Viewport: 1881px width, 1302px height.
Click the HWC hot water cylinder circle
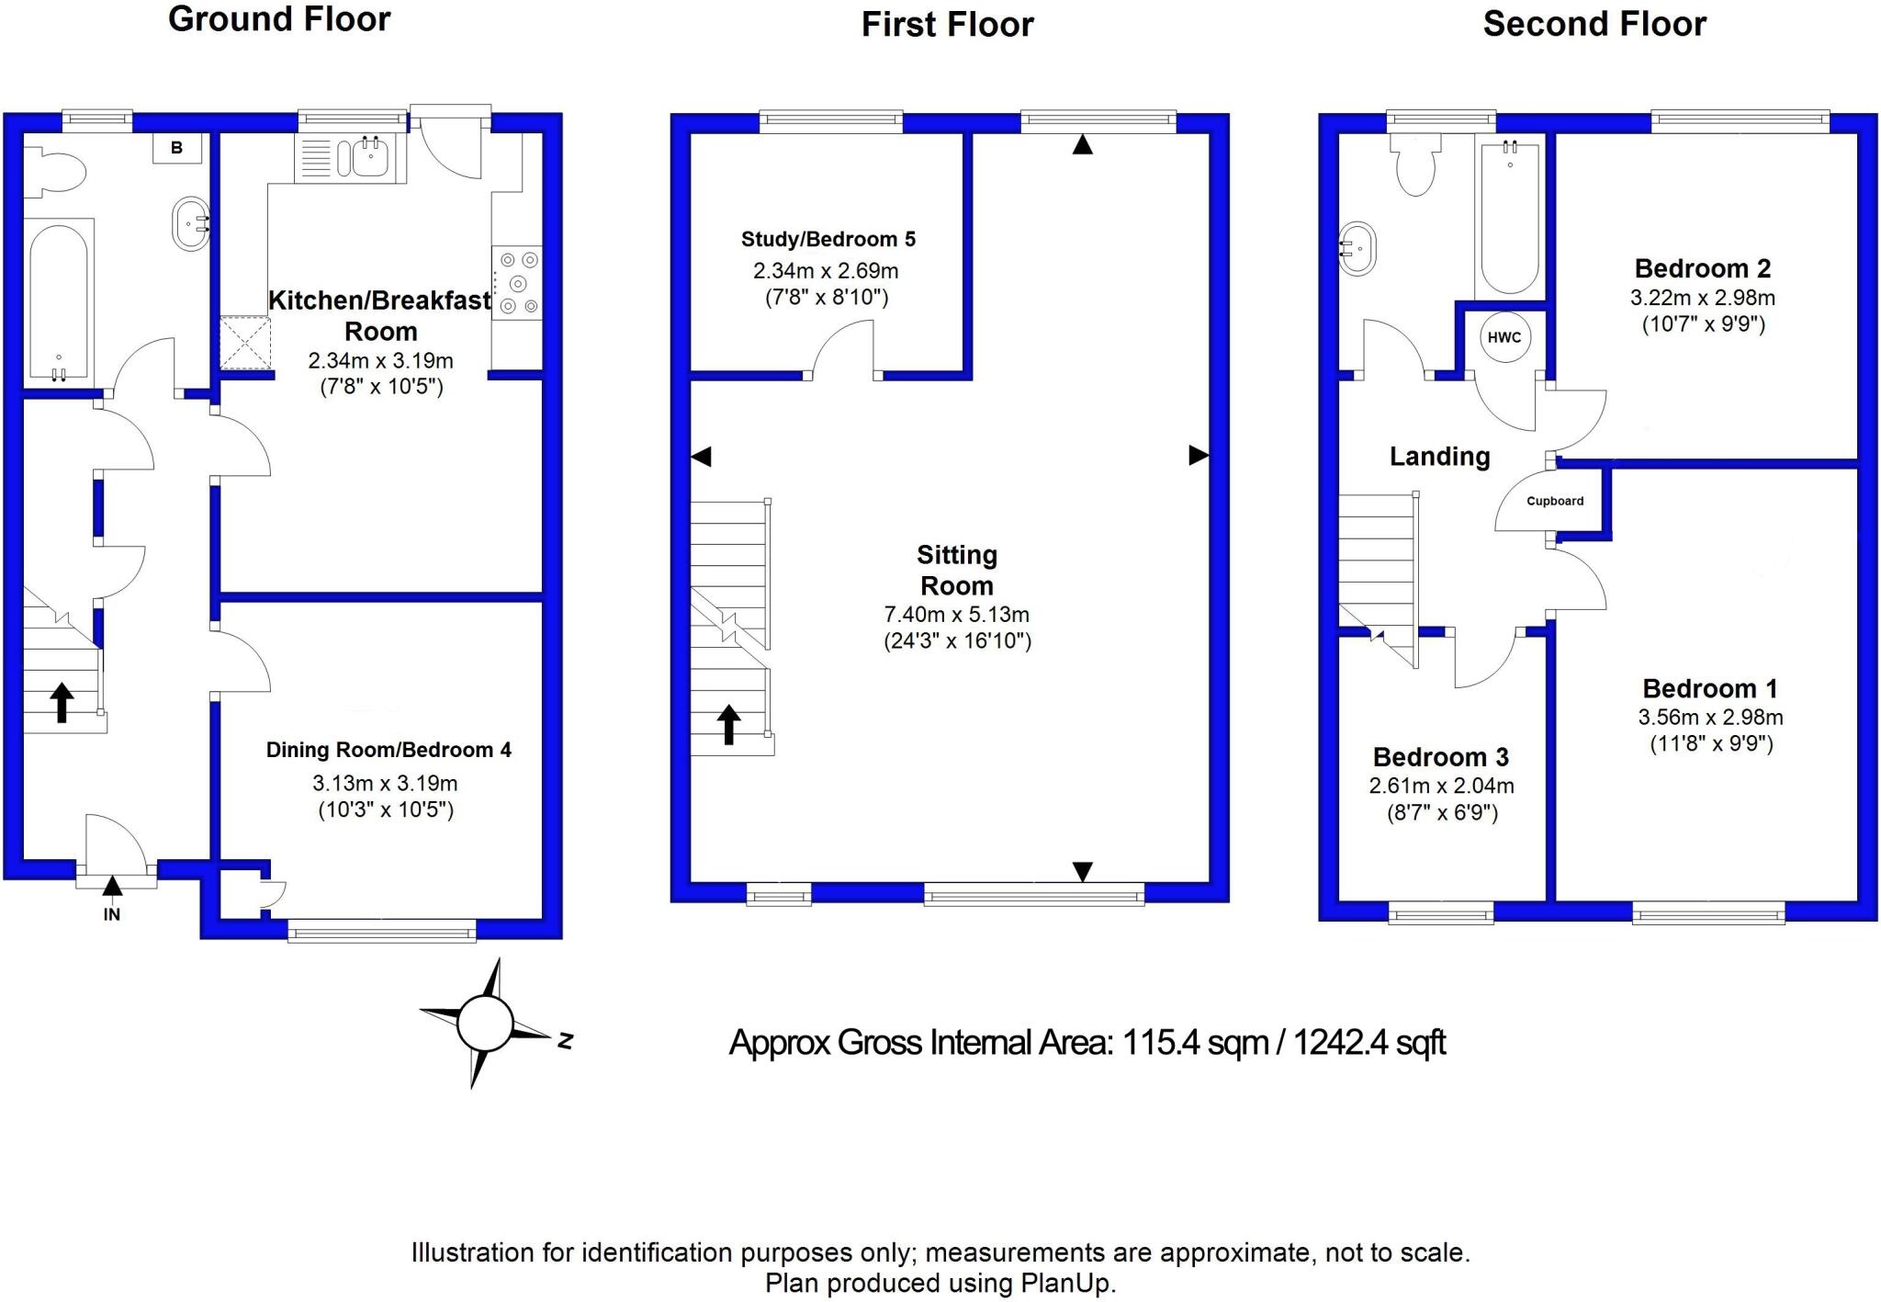point(1504,337)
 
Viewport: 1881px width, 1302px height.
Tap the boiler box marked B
point(177,148)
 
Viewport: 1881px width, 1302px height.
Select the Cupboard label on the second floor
point(1555,501)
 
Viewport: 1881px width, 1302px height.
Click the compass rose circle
point(485,1023)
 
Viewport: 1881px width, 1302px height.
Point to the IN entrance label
point(112,914)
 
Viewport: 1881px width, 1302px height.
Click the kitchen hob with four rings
point(517,283)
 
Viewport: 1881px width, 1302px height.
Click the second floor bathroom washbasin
point(1358,248)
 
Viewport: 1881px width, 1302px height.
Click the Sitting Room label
point(957,570)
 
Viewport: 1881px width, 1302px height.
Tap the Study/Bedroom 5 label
point(828,239)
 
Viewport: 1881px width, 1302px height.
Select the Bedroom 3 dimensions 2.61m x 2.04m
point(1441,786)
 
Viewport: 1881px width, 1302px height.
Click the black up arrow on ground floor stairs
point(62,702)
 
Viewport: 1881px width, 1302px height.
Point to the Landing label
point(1439,456)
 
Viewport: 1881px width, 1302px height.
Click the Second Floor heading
point(1594,24)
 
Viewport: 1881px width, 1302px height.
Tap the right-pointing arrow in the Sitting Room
point(1199,455)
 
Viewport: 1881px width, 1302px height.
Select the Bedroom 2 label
point(1702,268)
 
